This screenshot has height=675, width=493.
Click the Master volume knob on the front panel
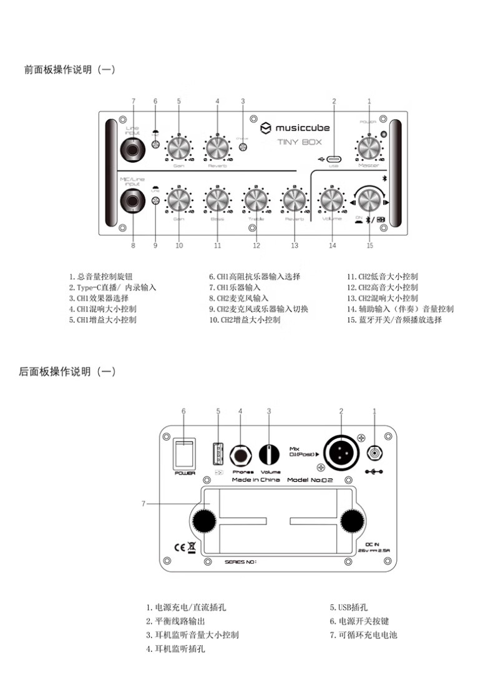(x=369, y=149)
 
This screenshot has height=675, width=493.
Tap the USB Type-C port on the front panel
(x=333, y=158)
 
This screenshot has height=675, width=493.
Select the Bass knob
(x=217, y=200)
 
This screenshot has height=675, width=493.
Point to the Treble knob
(x=255, y=200)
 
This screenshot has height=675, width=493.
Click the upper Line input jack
(x=133, y=148)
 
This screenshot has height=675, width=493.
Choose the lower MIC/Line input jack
(x=133, y=200)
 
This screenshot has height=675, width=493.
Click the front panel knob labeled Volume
(x=331, y=200)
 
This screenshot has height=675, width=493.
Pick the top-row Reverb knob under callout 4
(x=217, y=149)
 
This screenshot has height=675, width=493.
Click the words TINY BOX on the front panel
(x=299, y=142)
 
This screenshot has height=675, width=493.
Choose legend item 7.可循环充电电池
(x=364, y=635)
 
